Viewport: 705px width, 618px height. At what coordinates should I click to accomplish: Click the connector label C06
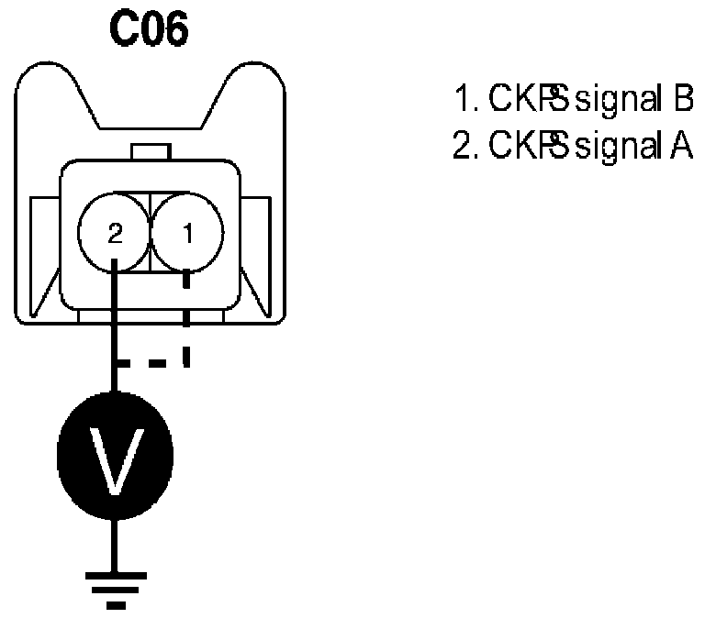click(150, 30)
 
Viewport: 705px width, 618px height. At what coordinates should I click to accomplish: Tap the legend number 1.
click(462, 99)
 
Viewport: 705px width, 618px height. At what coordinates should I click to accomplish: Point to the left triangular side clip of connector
click(42, 257)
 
